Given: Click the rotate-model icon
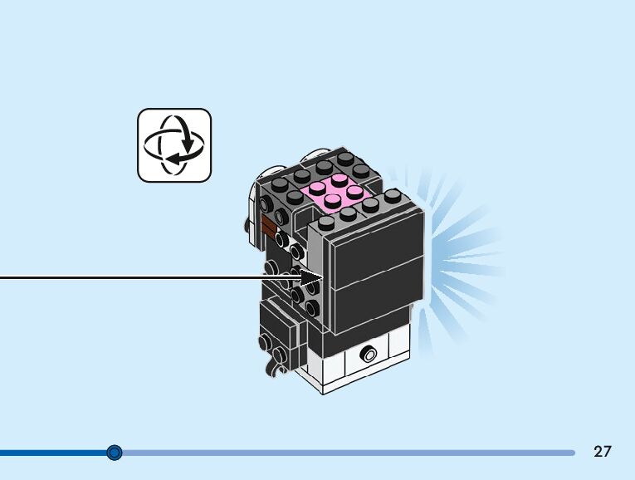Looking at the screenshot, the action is [x=174, y=144].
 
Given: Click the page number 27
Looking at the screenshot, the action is [x=603, y=452].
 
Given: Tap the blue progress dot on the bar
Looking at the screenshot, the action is [x=115, y=453].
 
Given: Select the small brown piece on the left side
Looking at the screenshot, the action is [x=268, y=227].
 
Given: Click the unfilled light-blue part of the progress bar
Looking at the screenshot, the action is [x=349, y=453].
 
